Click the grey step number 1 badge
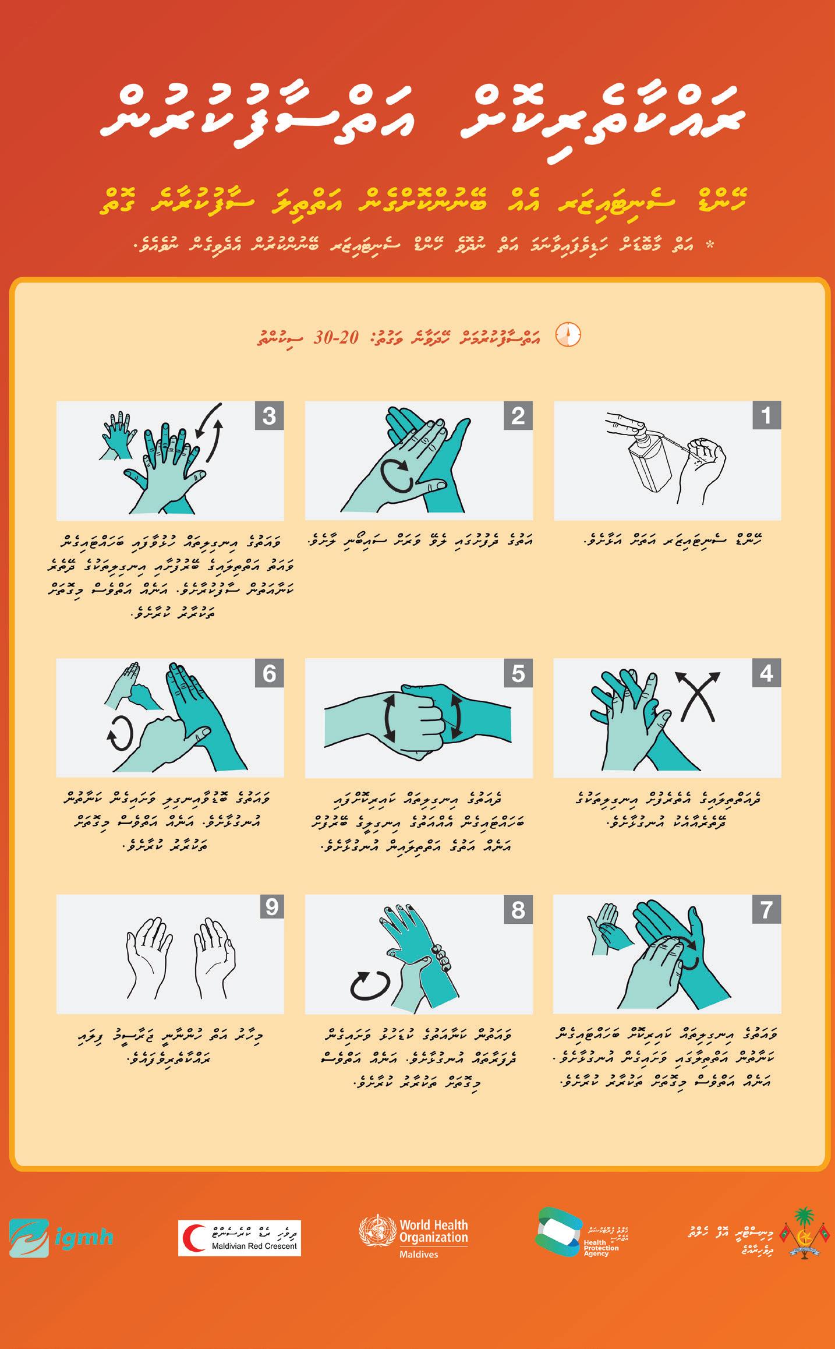766,415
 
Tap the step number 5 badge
518,673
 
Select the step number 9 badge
272,907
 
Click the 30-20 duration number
336,337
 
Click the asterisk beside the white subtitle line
709,245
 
